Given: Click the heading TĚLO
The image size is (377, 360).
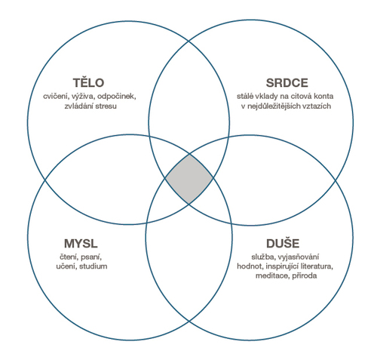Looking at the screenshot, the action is tap(88, 82).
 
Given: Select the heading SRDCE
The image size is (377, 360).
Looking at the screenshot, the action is tap(287, 83).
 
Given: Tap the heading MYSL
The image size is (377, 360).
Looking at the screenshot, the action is tap(81, 244).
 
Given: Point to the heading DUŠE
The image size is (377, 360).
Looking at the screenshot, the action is tap(283, 242).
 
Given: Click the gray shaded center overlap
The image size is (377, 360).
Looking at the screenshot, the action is tap(189, 179).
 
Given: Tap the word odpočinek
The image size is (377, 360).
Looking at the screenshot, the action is tap(117, 97).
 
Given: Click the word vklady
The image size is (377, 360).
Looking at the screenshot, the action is tap(266, 97).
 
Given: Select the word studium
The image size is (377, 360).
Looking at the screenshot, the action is tap(93, 266).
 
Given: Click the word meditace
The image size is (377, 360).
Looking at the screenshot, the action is tap(272, 275).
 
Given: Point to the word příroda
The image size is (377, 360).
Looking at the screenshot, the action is tap(305, 275).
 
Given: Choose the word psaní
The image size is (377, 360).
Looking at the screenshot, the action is tap(91, 257).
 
